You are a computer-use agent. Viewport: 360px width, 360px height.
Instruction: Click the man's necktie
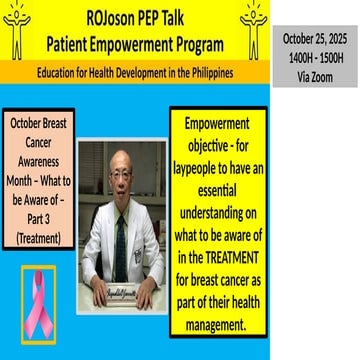pos(120,245)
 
